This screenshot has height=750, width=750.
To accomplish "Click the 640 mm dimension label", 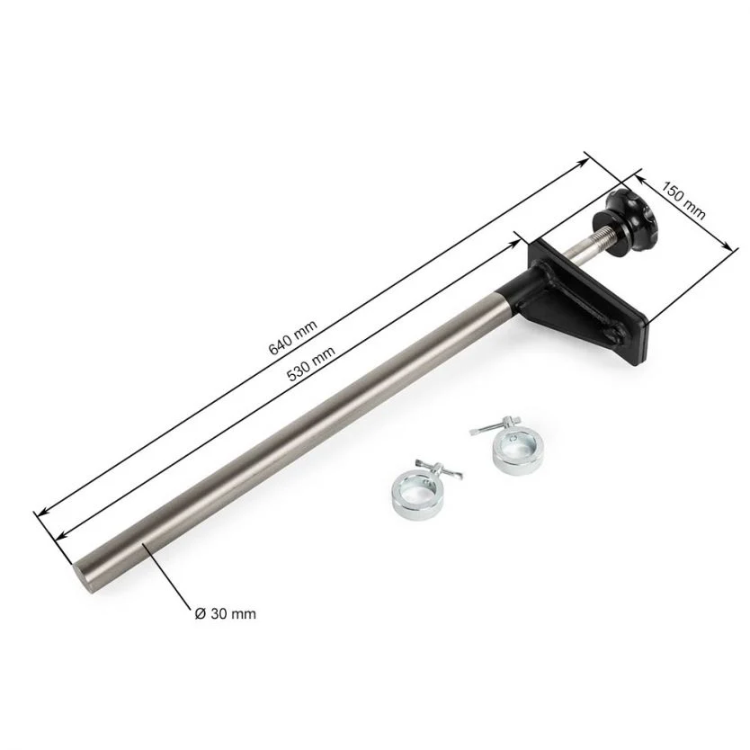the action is [x=293, y=337].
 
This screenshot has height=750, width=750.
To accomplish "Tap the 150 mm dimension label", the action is [x=683, y=200].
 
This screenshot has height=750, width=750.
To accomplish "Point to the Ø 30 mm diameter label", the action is [x=226, y=613].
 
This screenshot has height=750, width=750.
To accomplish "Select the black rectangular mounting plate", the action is [x=588, y=302].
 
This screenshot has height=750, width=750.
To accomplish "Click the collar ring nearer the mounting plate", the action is [x=518, y=452].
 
